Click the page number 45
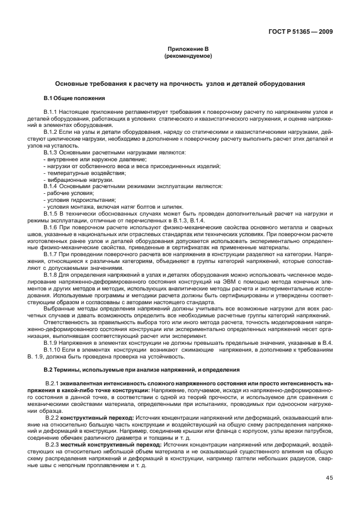tap(329, 478)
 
